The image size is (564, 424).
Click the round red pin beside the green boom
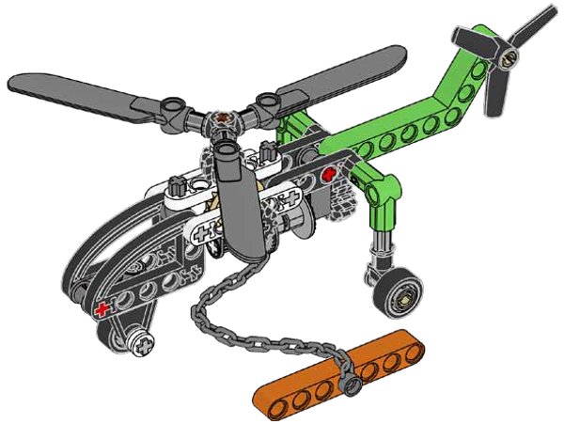click(x=327, y=176)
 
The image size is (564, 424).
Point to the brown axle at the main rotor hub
click(x=224, y=119)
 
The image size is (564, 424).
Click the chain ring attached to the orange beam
click(x=350, y=384)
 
